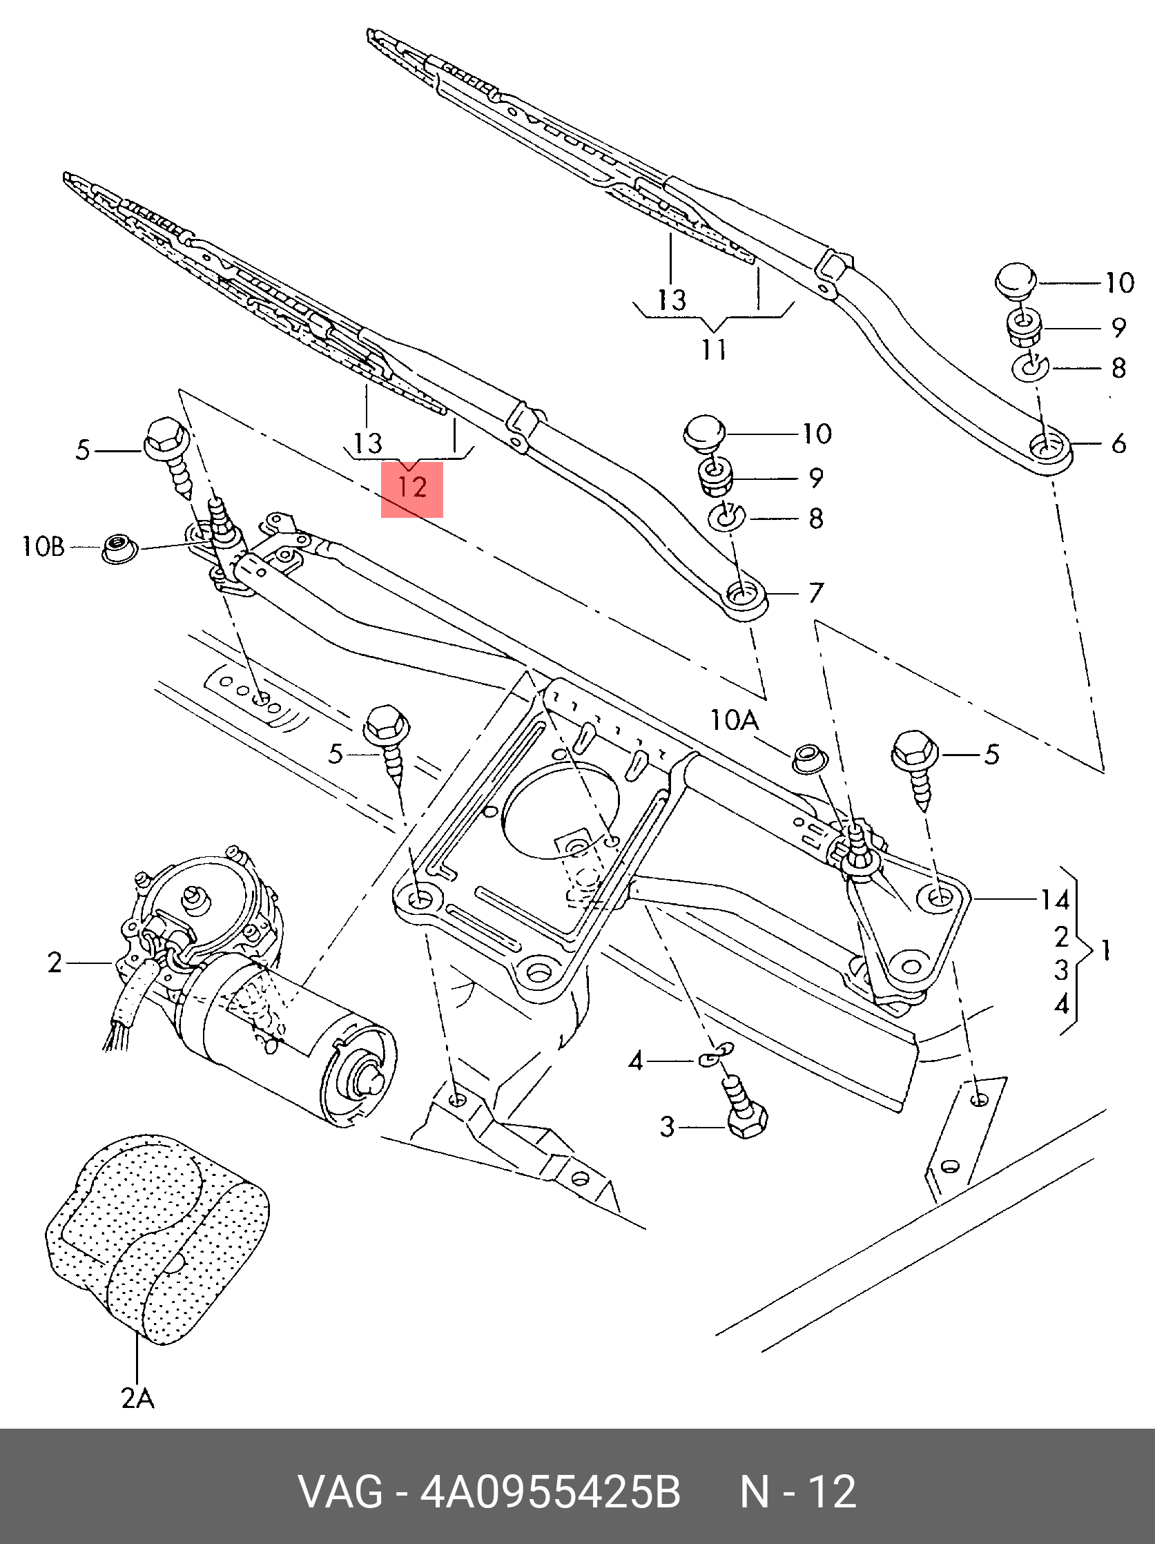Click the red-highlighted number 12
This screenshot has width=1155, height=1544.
pos(411,487)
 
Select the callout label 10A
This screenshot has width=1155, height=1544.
pos(734,719)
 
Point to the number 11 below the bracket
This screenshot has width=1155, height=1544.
pos(714,349)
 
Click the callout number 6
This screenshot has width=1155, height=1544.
pos(1118,443)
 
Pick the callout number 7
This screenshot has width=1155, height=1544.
pos(816,593)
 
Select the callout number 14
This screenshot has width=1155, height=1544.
pos(1054,900)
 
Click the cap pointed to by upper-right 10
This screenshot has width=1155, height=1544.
pos(1016,280)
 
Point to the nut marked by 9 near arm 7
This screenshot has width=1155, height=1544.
pos(715,477)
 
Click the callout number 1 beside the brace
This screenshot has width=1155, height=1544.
pos(1104,951)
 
